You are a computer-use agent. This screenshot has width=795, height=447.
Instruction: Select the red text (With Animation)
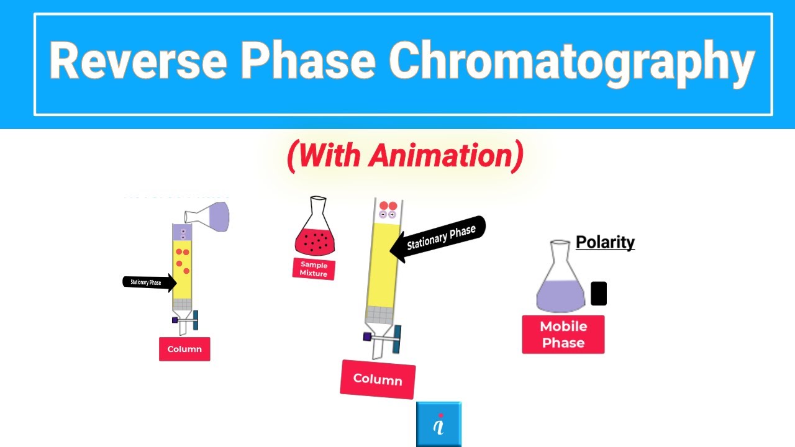[x=405, y=155]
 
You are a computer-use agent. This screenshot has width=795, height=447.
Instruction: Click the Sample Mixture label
[x=314, y=269]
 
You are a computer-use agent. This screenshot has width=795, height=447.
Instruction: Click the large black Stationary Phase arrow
[x=438, y=238]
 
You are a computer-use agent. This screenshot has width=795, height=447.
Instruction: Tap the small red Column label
[x=184, y=349]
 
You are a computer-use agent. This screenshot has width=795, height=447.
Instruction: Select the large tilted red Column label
[x=378, y=379]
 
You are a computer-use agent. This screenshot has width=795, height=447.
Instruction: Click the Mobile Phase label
[x=563, y=335]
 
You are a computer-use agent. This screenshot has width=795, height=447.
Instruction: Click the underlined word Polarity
[x=605, y=242]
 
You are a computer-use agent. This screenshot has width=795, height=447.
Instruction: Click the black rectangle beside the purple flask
[x=599, y=294]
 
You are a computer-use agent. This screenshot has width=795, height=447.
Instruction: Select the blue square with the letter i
[x=438, y=425]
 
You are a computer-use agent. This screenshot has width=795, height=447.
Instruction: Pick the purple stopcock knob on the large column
[x=367, y=337]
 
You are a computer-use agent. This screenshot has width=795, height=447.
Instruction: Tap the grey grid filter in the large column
[x=381, y=316]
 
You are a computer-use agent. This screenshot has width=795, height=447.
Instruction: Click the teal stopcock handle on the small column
[x=195, y=320]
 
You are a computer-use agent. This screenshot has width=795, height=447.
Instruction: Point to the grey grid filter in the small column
[x=182, y=304]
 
